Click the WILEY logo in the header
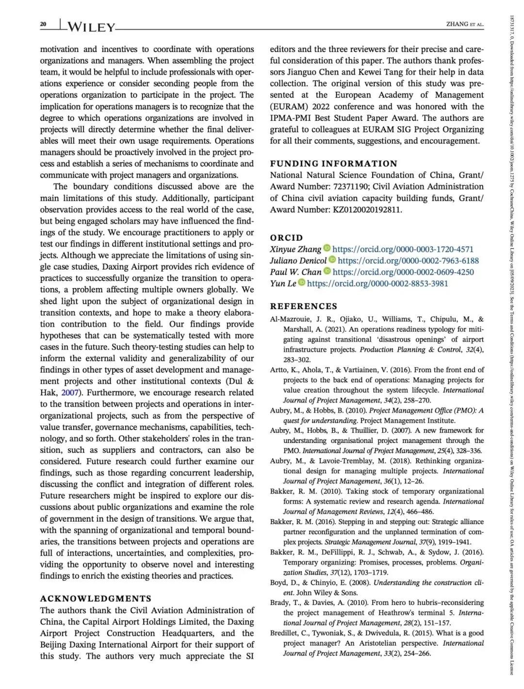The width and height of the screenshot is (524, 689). tap(91, 27)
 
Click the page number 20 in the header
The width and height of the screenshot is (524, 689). tap(43, 24)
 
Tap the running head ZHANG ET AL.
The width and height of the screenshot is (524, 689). tap(465, 24)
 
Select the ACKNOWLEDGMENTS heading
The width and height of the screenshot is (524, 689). tap(96, 598)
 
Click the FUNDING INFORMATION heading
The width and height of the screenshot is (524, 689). tap(333, 164)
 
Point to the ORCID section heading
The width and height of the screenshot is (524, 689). tap(286, 238)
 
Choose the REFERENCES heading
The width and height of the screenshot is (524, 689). tap(303, 306)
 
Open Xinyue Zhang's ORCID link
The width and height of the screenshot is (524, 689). tap(403, 249)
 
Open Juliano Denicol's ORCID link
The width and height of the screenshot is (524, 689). tap(408, 261)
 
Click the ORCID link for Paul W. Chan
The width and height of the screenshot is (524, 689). tap(403, 272)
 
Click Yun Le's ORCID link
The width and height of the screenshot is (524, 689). tap(377, 283)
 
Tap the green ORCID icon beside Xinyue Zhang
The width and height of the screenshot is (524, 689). tap(327, 249)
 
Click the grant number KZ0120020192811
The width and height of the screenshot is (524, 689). tap(360, 210)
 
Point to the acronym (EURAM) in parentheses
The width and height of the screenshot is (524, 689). tap(290, 106)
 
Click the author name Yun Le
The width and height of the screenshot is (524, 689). tap(283, 283)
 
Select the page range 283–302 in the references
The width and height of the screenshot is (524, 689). tap(297, 360)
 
